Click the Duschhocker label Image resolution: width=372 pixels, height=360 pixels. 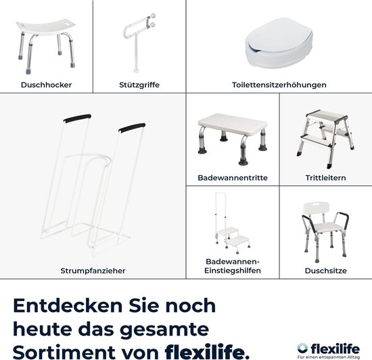47,85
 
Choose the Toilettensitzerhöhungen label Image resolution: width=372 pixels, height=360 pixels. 278,85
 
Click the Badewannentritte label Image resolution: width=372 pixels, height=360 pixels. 232,178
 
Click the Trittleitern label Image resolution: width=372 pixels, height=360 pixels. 325,178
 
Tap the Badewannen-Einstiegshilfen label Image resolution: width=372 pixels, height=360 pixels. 232,265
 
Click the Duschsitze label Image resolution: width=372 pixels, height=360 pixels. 325,270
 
